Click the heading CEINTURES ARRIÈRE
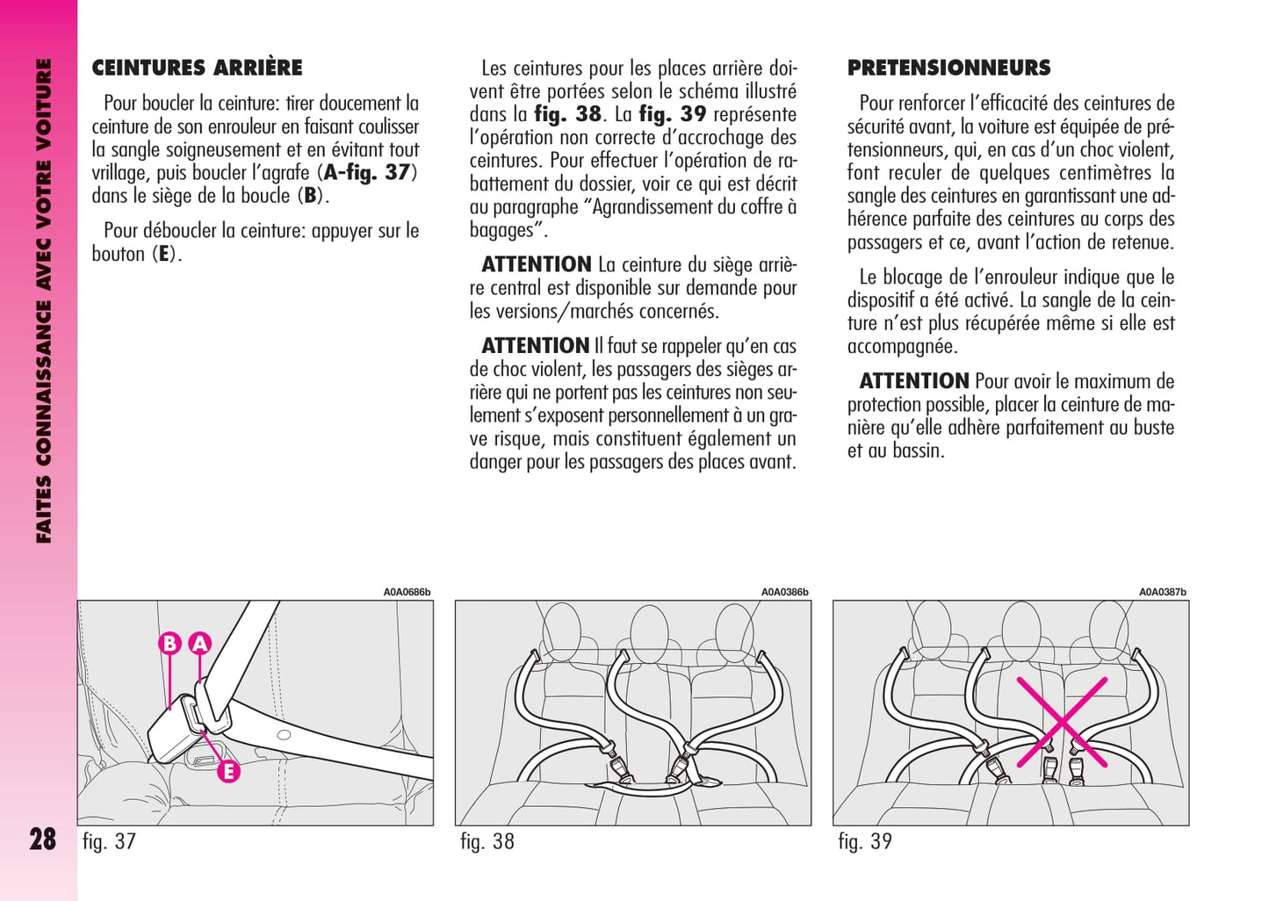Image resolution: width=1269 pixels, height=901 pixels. (197, 68)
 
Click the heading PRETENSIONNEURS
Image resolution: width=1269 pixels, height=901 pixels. (948, 68)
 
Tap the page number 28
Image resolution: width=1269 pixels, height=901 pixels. (42, 839)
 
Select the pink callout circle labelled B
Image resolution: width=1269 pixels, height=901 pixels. (169, 644)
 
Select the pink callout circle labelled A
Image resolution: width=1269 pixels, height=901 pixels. (200, 644)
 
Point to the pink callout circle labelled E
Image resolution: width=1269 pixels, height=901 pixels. (228, 772)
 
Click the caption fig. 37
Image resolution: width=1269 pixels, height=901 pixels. (109, 841)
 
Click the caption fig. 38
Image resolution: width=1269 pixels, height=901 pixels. (487, 841)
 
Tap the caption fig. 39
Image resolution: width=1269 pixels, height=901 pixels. (865, 841)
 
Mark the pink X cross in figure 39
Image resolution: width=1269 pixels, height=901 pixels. (1062, 722)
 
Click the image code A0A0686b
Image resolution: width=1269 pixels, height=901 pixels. (407, 592)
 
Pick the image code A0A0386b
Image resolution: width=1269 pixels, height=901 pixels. (784, 592)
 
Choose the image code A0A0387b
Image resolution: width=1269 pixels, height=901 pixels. (1162, 592)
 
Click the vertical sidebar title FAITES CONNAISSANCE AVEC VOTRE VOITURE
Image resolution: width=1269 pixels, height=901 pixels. (43, 300)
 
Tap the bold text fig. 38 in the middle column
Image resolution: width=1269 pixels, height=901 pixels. (567, 114)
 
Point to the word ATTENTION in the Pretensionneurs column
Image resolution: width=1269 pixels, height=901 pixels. (913, 381)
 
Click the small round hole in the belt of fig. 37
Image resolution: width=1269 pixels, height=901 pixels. (283, 735)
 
